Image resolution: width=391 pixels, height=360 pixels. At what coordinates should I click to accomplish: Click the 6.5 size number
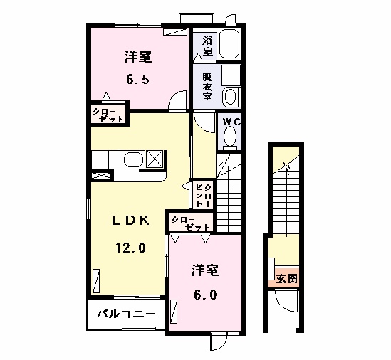point(138,79)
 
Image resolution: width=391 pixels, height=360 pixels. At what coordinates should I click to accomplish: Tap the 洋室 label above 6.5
point(138,57)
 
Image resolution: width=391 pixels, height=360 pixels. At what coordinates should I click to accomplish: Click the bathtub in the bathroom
point(230,45)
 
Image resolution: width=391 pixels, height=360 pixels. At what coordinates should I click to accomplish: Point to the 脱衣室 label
point(207,86)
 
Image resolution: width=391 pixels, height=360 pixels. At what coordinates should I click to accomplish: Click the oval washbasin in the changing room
point(230,97)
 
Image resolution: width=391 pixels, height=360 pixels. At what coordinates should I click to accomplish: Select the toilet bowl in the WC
point(229,138)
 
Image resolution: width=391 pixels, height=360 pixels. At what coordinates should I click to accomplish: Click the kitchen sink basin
point(133,159)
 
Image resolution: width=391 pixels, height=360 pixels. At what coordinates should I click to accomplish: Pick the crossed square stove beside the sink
point(155,159)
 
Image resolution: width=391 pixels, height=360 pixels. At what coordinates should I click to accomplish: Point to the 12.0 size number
point(130,248)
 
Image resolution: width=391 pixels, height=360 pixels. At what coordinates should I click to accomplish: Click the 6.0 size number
point(204,293)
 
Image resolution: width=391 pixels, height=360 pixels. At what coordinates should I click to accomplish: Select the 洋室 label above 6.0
point(204,270)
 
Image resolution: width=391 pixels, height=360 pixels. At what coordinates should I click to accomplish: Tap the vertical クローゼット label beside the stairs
point(202,194)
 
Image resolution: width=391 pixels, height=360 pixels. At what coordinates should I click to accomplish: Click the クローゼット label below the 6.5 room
point(108,114)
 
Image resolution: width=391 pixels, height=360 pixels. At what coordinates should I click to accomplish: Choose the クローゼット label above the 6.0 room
point(189,223)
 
